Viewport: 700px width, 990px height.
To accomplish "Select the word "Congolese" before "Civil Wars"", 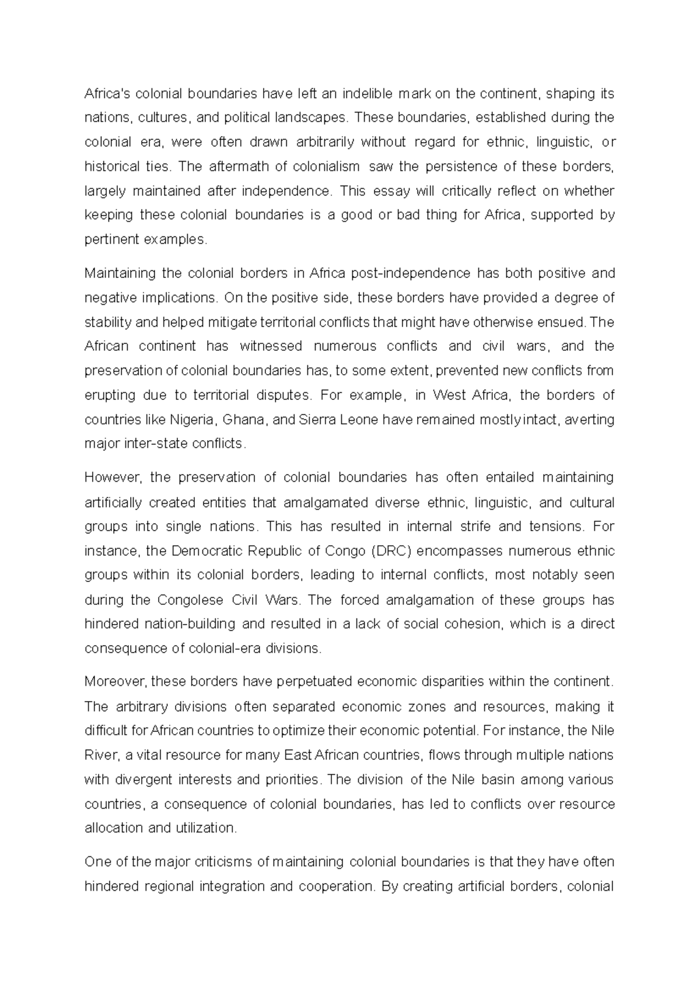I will (190, 600).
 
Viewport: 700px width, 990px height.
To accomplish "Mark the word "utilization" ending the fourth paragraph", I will (208, 828).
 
